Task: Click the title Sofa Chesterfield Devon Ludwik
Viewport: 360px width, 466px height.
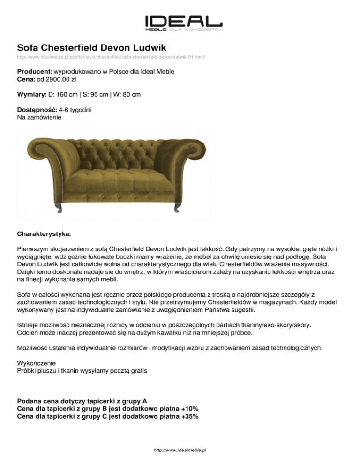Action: (92, 47)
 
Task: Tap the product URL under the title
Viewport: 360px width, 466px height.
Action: (111, 57)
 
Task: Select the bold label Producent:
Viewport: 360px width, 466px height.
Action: (35, 71)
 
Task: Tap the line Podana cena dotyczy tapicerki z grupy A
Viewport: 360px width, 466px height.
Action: (82, 401)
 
